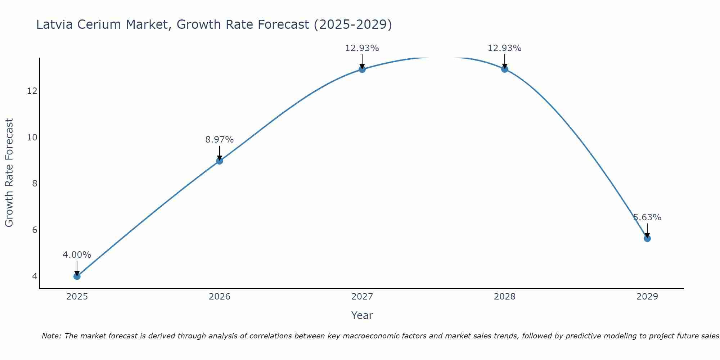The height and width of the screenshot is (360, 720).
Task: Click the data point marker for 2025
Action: click(x=77, y=276)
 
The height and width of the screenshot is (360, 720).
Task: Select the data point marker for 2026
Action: click(x=219, y=161)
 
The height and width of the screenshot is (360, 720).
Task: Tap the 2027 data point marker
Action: click(x=362, y=69)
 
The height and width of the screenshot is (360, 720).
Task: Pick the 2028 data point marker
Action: click(x=505, y=69)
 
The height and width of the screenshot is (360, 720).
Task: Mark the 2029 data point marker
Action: click(x=647, y=238)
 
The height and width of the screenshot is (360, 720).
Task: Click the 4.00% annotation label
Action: click(x=77, y=255)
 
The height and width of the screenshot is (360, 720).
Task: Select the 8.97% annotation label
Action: click(x=219, y=140)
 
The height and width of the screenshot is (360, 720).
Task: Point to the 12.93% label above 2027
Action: click(x=362, y=48)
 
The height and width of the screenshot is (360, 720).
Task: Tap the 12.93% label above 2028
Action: click(x=505, y=48)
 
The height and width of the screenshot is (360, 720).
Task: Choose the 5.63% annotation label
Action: click(x=647, y=217)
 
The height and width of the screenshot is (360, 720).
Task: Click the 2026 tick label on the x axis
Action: click(x=219, y=297)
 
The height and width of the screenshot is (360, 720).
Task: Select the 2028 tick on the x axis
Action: click(x=505, y=297)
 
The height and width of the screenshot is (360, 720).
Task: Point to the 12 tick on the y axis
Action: click(x=32, y=91)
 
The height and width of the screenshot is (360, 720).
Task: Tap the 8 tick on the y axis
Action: click(x=35, y=184)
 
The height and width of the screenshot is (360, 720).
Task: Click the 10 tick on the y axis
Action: click(x=32, y=138)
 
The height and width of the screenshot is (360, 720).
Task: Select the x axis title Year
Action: click(x=362, y=315)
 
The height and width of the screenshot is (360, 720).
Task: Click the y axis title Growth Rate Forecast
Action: click(x=9, y=172)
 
